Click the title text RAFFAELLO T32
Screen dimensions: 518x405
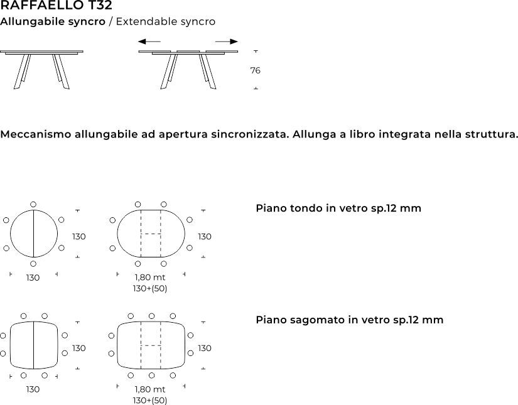(x=56, y=6)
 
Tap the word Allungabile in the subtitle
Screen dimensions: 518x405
(x=26, y=22)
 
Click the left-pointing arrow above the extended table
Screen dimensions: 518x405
(x=149, y=42)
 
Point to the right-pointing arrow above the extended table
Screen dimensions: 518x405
(x=226, y=42)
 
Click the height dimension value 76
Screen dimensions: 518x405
(x=255, y=71)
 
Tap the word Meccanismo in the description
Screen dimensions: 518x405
(x=36, y=134)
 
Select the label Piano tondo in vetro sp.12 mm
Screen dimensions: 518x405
(x=338, y=208)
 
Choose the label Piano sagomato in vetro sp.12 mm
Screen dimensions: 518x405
(x=349, y=320)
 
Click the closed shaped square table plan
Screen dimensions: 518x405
(x=33, y=345)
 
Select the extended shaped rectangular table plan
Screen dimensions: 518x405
(x=151, y=345)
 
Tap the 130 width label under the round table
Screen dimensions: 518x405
(x=33, y=278)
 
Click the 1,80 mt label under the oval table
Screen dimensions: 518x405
(x=150, y=278)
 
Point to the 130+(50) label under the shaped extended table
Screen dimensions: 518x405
(x=150, y=400)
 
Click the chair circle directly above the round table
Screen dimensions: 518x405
(x=33, y=205)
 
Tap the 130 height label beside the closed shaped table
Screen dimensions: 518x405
(x=79, y=348)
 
